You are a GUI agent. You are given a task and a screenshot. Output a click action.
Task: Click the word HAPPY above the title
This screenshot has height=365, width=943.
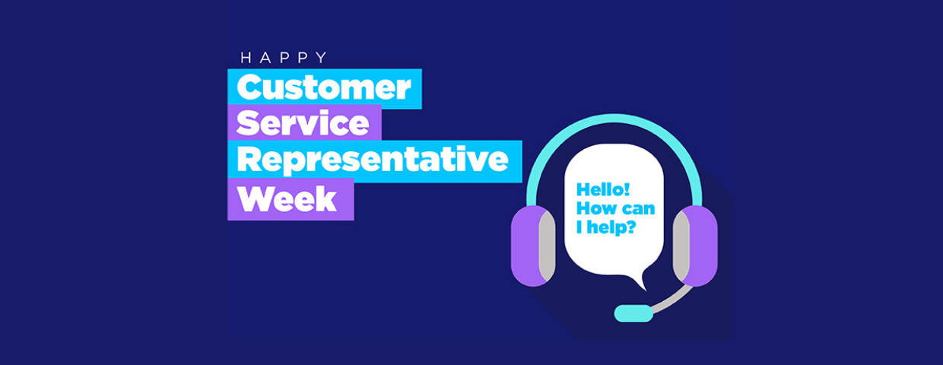284,58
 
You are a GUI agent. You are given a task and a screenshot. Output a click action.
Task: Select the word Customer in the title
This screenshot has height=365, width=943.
324,87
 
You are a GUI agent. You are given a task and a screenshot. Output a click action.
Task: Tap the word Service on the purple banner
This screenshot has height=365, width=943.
303,122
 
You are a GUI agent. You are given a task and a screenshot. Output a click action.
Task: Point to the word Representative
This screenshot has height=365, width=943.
373,160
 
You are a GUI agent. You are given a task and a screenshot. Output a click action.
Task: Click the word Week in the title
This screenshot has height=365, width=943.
287,198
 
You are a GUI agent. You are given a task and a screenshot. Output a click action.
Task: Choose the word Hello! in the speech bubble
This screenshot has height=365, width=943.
603,189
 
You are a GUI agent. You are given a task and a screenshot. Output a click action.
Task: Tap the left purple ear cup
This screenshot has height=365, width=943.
525,246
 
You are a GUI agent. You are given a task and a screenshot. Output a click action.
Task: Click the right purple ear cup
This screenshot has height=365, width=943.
702,246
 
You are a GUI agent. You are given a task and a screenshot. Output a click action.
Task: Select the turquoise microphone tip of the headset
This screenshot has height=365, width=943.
633,313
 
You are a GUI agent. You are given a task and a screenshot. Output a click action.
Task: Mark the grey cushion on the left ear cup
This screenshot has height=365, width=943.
548,246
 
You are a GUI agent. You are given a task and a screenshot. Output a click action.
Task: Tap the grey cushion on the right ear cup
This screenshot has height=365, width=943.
681,246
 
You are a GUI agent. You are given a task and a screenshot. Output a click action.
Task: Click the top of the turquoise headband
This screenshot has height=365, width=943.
614,119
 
